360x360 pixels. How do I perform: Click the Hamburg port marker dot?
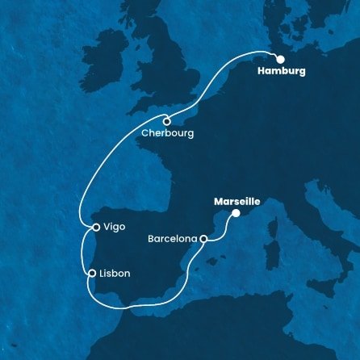[x=280, y=59]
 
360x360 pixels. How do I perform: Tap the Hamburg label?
[x=282, y=72]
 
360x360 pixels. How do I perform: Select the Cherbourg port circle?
[x=167, y=122]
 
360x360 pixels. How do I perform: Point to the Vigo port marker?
[x=95, y=228]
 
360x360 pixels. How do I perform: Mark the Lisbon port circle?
[x=93, y=273]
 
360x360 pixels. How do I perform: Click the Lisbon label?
[x=115, y=274]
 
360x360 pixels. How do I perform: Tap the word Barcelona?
[x=173, y=239]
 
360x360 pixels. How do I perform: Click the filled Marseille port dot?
[x=236, y=213]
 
